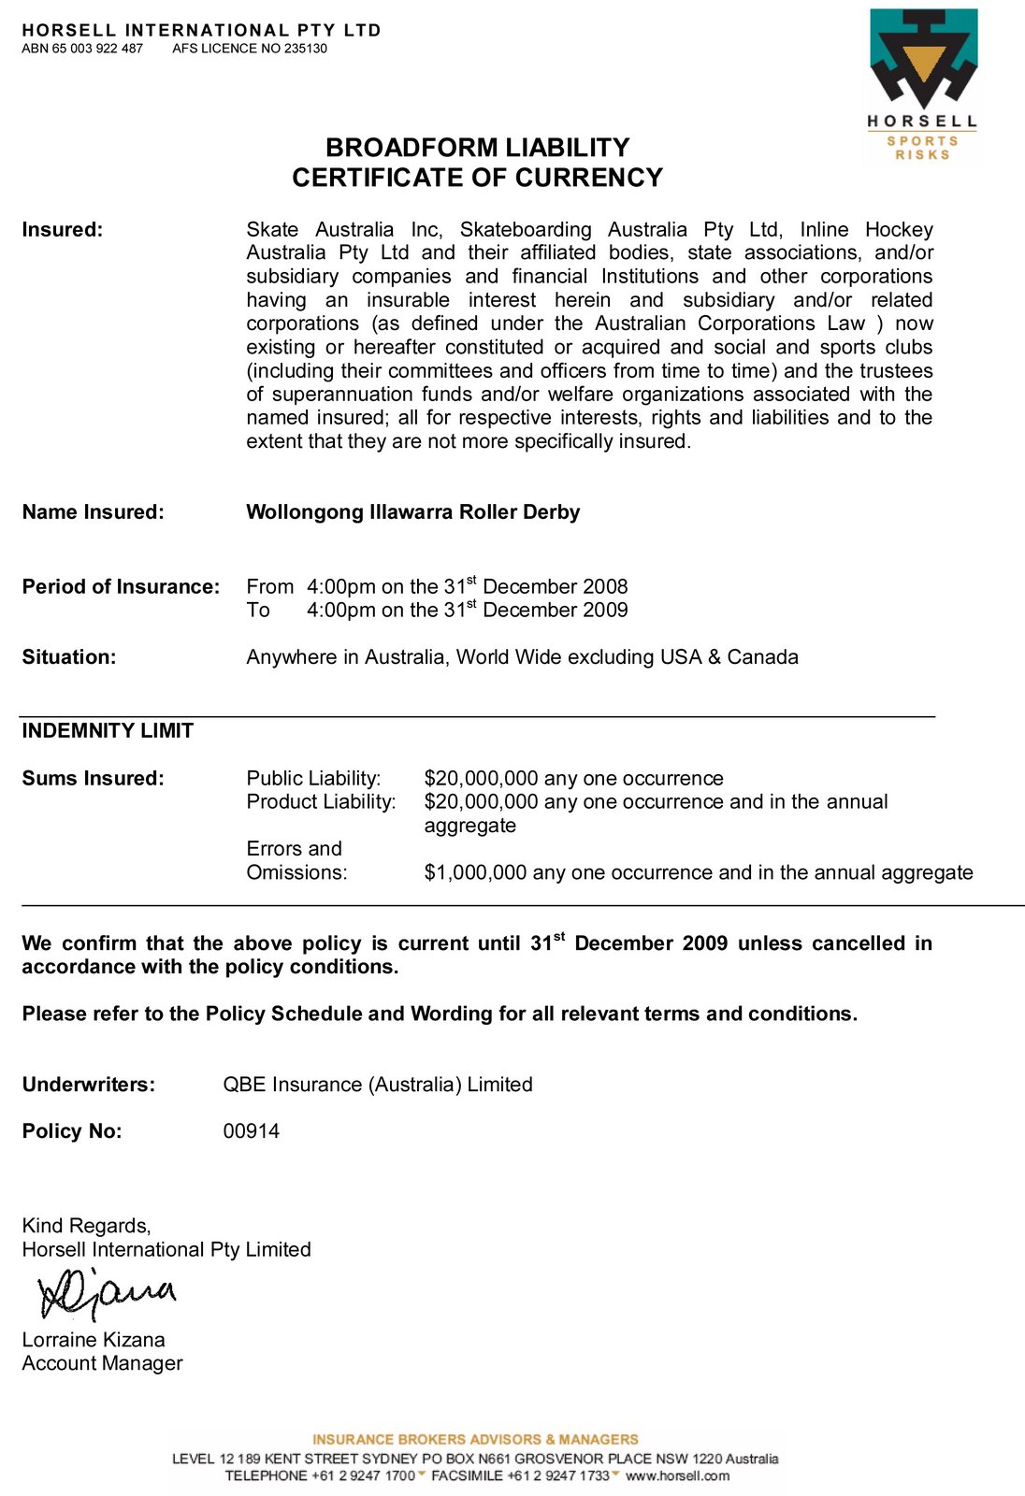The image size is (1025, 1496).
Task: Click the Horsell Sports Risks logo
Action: pos(922,85)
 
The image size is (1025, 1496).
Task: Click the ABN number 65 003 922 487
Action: pos(97,49)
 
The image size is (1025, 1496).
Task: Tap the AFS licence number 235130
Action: pos(306,49)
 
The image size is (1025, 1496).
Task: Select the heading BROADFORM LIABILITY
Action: pos(477,148)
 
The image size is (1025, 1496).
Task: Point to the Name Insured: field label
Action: pos(93,512)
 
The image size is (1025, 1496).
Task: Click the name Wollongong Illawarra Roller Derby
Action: pos(412,512)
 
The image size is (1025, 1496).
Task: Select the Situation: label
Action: pos(69,657)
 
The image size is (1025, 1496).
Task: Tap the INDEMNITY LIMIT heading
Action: pos(108,731)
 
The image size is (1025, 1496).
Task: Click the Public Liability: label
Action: pos(313,779)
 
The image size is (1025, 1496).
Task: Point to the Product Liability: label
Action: pos(321,802)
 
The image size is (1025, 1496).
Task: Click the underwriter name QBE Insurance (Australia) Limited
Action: pos(378,1085)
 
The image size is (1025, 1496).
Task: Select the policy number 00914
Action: pos(252,1131)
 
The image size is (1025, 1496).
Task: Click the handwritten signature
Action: pos(106,1294)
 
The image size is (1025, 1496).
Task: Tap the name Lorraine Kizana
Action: pos(94,1340)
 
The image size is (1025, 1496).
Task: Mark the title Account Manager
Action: pos(103,1363)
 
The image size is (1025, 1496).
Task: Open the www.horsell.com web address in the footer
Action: pos(677,1475)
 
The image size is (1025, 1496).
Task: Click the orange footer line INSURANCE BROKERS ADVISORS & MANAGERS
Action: pos(475,1440)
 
